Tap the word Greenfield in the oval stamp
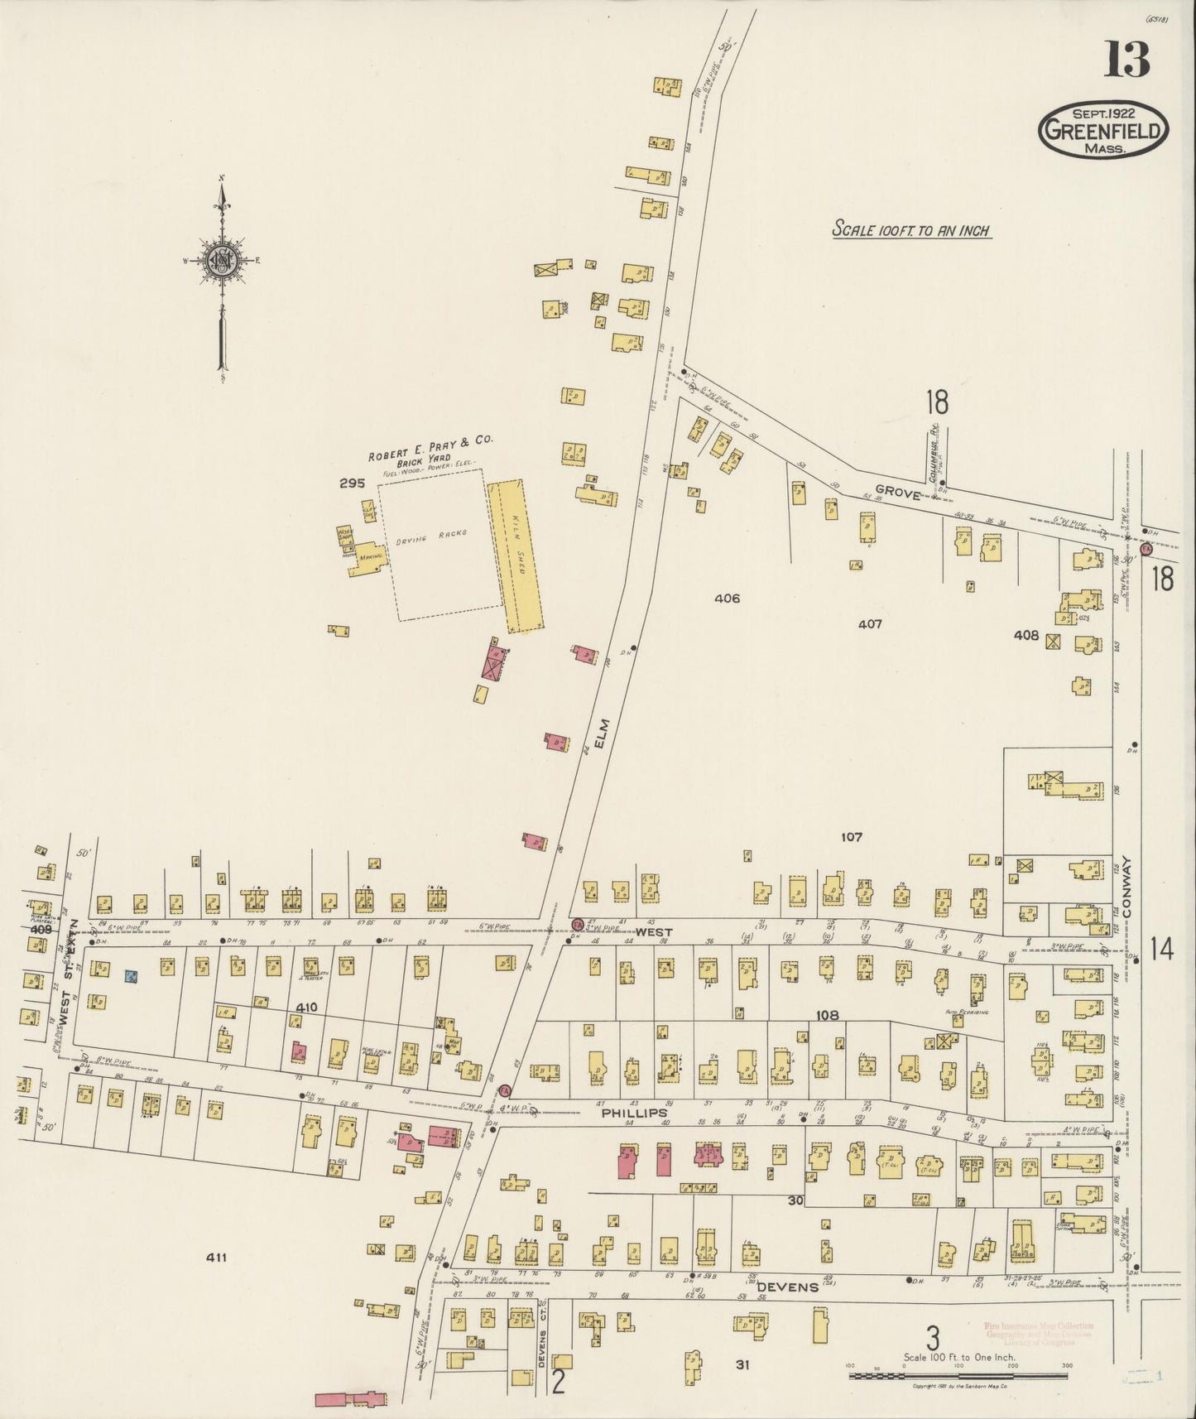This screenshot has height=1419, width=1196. (1104, 129)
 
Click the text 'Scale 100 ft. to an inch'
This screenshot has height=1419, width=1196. (911, 231)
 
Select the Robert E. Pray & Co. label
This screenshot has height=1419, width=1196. (430, 447)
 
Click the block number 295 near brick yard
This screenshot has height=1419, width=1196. (351, 483)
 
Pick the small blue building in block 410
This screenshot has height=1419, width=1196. (131, 976)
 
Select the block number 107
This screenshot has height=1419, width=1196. (852, 837)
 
